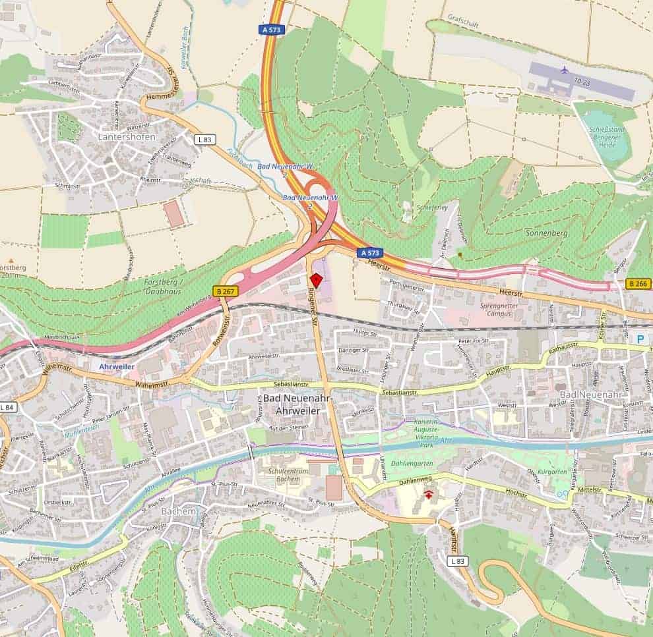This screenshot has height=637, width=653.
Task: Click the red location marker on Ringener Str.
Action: coord(316,280)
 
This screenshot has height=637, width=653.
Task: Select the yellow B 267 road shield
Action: coord(225,291)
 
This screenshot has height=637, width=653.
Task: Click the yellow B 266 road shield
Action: coord(638,284)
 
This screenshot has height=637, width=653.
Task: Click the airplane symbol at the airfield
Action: coord(563,69)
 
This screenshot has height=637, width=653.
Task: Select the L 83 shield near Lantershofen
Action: coord(205,139)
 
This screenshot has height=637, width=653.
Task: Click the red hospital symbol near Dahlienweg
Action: coord(430,494)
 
